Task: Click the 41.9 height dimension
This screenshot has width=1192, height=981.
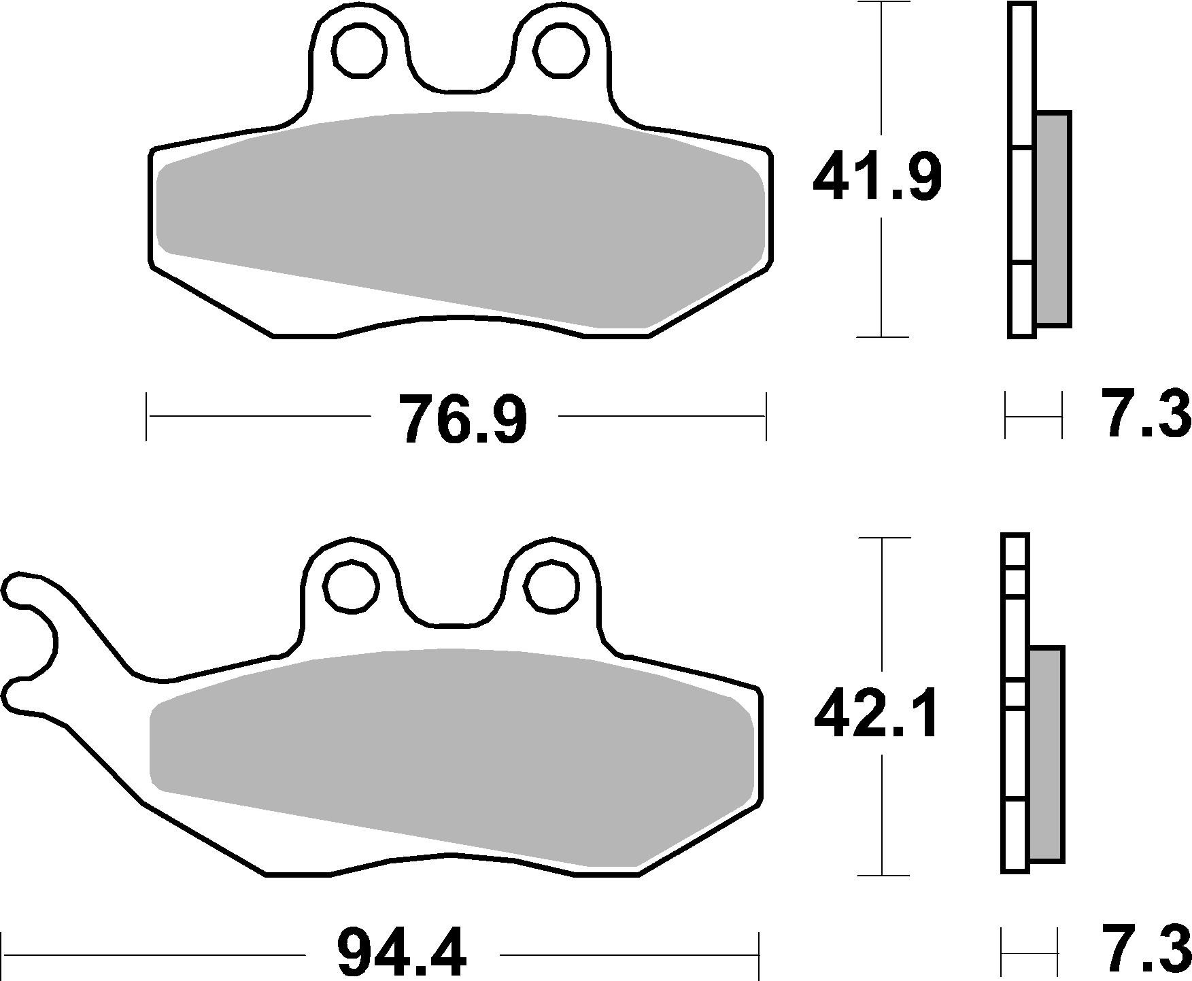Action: (877, 176)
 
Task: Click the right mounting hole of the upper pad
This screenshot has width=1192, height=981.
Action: (561, 50)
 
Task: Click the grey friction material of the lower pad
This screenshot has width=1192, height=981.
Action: (449, 748)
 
